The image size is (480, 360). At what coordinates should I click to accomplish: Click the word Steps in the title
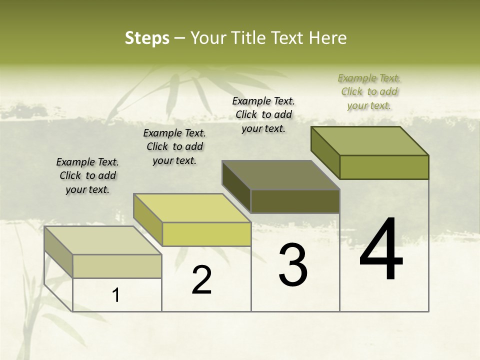coord(147,38)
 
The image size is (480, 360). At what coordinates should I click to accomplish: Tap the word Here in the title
coord(327,38)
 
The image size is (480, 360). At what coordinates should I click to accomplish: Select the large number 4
coord(381,250)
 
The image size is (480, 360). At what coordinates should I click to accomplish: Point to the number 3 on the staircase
coord(293,264)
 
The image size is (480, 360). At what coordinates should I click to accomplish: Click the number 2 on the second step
coord(202,280)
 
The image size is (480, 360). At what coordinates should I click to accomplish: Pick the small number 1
coord(116,295)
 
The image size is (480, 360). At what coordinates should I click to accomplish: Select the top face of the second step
coord(192,208)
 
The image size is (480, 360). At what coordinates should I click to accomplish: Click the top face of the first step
coord(103,240)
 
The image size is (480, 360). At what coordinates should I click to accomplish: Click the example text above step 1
coord(87,175)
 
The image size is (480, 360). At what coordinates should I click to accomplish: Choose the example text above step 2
coord(174,146)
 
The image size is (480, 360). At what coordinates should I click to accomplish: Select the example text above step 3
coord(263,114)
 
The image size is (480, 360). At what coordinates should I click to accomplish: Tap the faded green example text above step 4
coord(369,91)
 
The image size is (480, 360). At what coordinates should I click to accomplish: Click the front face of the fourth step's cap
coord(384,167)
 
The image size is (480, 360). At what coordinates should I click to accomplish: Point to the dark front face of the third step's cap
coord(295,201)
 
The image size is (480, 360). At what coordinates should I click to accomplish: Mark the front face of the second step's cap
coord(206,234)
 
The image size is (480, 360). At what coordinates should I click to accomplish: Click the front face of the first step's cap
coord(117,266)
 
